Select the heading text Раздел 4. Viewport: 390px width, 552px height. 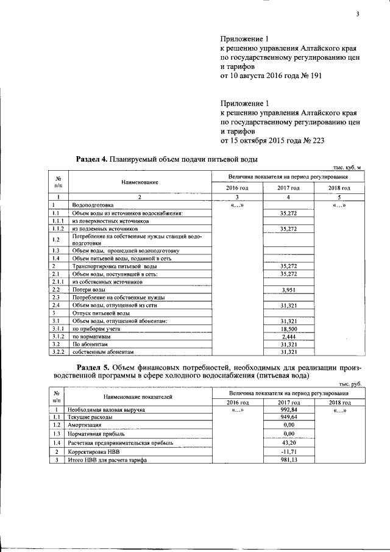pos(91,159)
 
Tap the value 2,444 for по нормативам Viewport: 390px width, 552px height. pos(288,336)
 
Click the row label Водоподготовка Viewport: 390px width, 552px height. pos(92,206)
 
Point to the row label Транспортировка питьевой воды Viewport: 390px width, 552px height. pos(115,267)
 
